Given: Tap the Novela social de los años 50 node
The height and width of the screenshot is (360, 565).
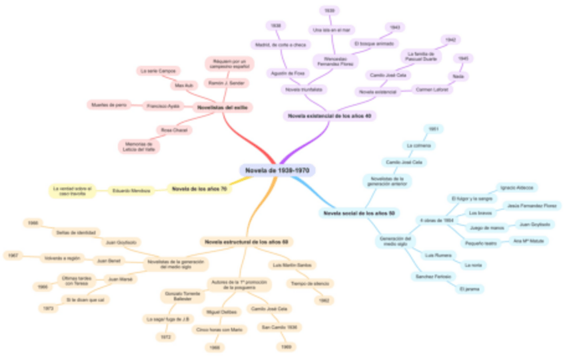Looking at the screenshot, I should coord(360,213).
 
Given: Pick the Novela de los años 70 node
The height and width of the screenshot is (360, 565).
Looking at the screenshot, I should coord(199,190).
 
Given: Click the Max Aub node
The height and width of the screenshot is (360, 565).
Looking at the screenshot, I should coord(183,86).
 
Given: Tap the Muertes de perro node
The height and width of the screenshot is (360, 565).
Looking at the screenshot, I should coord(108,105).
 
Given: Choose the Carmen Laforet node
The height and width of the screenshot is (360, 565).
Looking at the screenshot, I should coord(432,89).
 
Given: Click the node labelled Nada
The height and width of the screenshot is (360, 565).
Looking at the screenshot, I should coord(458,77).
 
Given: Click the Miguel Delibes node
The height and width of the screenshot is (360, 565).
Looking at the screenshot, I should coord(223,311).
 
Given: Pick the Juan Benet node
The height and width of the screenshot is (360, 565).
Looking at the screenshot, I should coord(107,261).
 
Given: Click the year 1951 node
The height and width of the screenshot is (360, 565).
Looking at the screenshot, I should coord(433,128).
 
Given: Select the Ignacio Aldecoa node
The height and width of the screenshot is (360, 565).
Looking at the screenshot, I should coord(519,188).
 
